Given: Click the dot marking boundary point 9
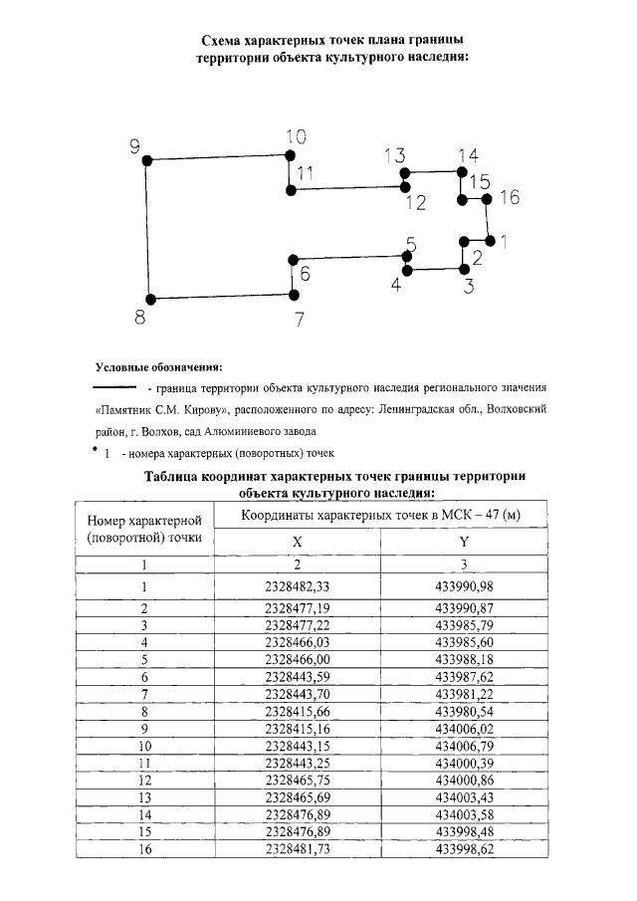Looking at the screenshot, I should pyautogui.click(x=146, y=159).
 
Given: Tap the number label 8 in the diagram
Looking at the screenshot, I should pyautogui.click(x=140, y=319).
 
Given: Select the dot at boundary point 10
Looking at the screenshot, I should pyautogui.click(x=290, y=155).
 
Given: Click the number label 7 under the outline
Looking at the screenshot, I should pyautogui.click(x=298, y=320).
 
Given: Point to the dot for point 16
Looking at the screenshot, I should pyautogui.click(x=487, y=198).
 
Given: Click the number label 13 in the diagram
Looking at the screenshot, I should pyautogui.click(x=394, y=155).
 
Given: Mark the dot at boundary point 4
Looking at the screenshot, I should pyautogui.click(x=406, y=270).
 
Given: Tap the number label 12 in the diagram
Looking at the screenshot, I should pyautogui.click(x=415, y=203).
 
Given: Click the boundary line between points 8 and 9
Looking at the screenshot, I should pyautogui.click(x=148, y=229).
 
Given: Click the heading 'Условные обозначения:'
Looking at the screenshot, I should pyautogui.click(x=158, y=365).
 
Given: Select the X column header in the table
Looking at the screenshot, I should pyautogui.click(x=297, y=541).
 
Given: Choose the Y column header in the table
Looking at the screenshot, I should pyautogui.click(x=464, y=541).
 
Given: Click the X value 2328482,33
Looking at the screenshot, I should pyautogui.click(x=298, y=585).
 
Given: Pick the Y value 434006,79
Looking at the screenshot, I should pyautogui.click(x=464, y=745).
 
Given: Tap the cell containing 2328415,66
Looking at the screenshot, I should pyautogui.click(x=298, y=712).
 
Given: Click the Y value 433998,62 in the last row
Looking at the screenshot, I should pyautogui.click(x=464, y=849).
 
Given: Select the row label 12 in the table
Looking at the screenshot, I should pyautogui.click(x=144, y=780).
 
